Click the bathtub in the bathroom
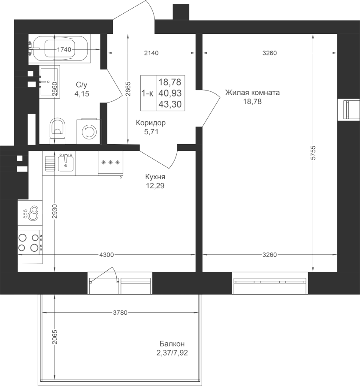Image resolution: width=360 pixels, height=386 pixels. pos(60,49)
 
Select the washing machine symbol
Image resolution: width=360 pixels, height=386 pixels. pos(89,132)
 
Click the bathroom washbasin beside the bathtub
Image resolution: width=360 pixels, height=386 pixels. pos(49,82)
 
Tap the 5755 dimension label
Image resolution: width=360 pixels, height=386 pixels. pos(313,153)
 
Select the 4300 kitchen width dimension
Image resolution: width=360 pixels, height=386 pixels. pos(106,255)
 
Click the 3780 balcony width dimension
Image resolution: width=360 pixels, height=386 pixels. pos(120,313)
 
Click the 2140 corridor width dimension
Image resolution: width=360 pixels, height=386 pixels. pos(151,53)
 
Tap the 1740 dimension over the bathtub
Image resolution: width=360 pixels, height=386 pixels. pos(64,50)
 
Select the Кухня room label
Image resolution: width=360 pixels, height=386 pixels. pos(155,177)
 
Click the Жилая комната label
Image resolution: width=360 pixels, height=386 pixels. pos(252,93)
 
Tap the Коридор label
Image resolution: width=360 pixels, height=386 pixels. pos(151,123)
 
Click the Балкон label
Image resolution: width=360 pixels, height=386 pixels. pos(172,344)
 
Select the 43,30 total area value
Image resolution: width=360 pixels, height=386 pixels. pos(170,104)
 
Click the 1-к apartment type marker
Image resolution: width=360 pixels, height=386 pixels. pos(148,93)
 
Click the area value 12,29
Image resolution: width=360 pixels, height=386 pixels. pos(155,186)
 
